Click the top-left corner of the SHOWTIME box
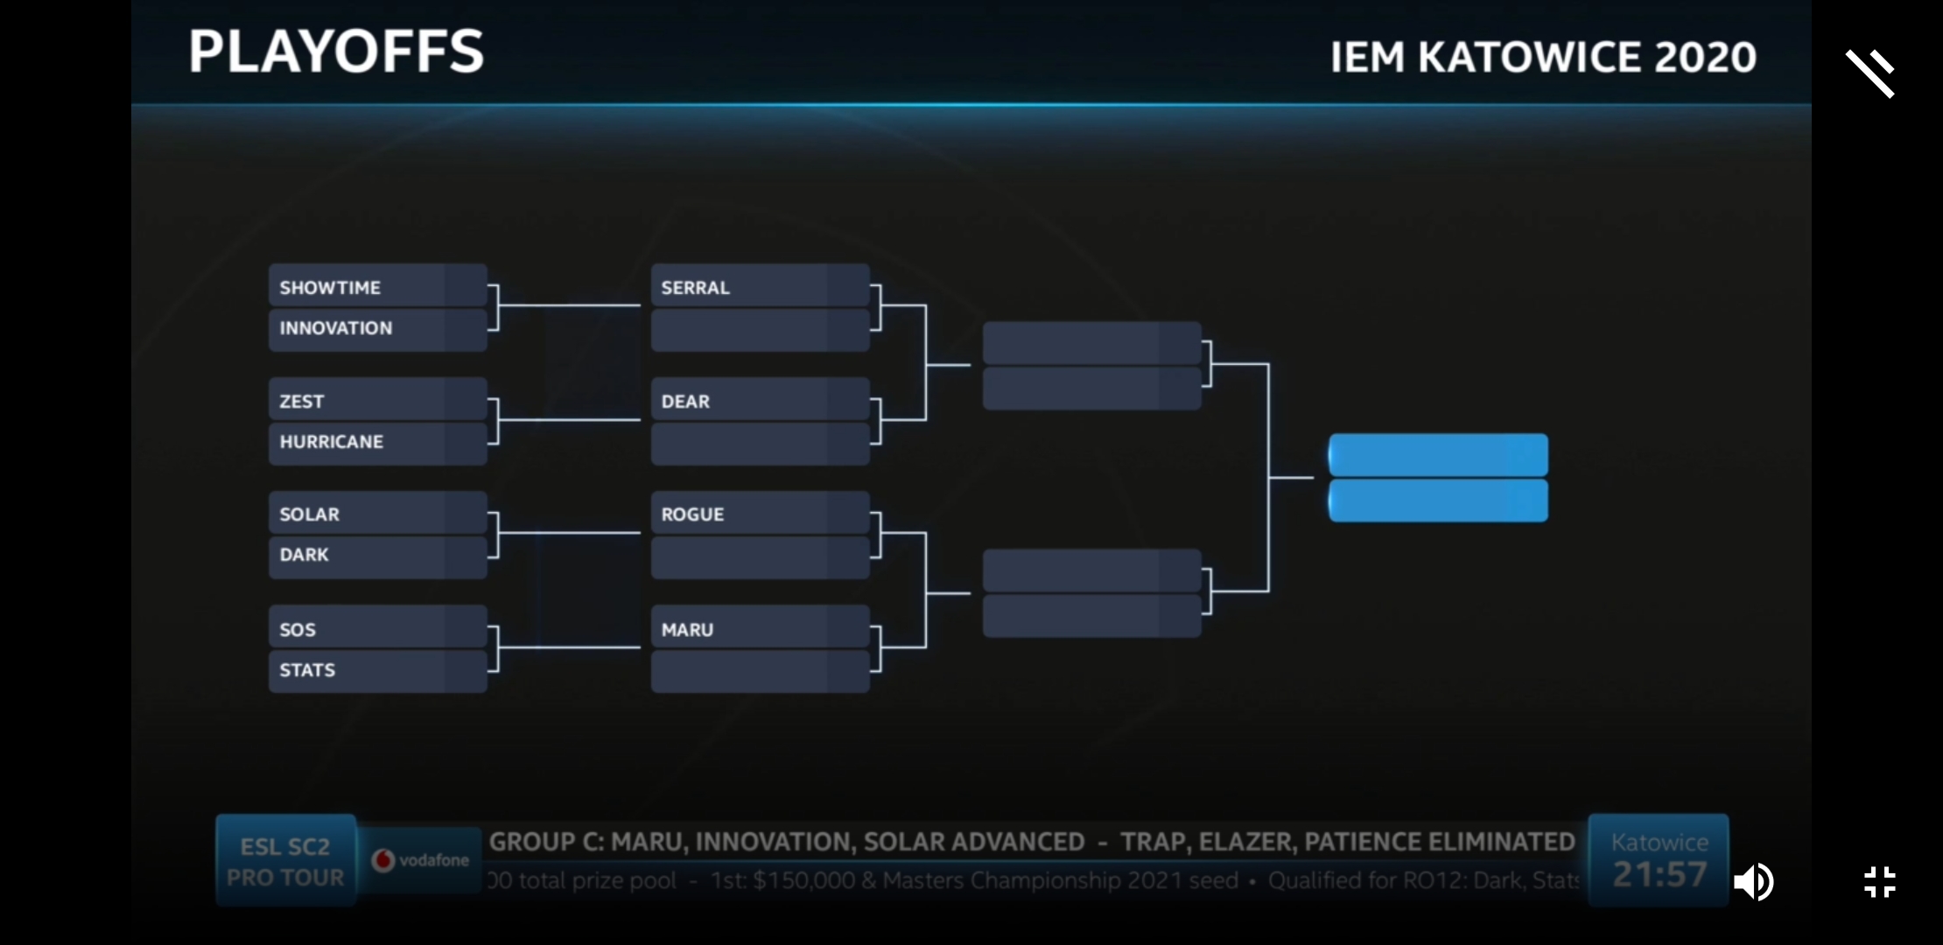click(x=270, y=264)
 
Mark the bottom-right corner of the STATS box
click(x=487, y=692)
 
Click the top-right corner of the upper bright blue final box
click(x=1547, y=435)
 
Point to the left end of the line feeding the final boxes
click(x=1270, y=478)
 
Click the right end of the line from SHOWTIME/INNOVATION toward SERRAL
click(x=640, y=305)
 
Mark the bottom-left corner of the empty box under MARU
click(x=652, y=692)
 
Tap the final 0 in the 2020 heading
click(x=1742, y=58)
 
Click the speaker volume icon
click(x=1753, y=882)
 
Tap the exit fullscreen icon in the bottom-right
click(x=1880, y=882)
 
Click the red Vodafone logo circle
click(x=383, y=860)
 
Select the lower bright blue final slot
click(x=1438, y=501)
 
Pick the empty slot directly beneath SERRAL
click(x=761, y=330)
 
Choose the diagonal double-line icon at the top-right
click(x=1870, y=73)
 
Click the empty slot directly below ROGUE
click(x=761, y=557)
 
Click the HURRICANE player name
click(x=332, y=442)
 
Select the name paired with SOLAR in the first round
click(x=304, y=555)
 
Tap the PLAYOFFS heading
click(x=336, y=51)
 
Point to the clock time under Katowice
click(x=1659, y=874)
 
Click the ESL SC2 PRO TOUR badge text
click(x=285, y=862)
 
